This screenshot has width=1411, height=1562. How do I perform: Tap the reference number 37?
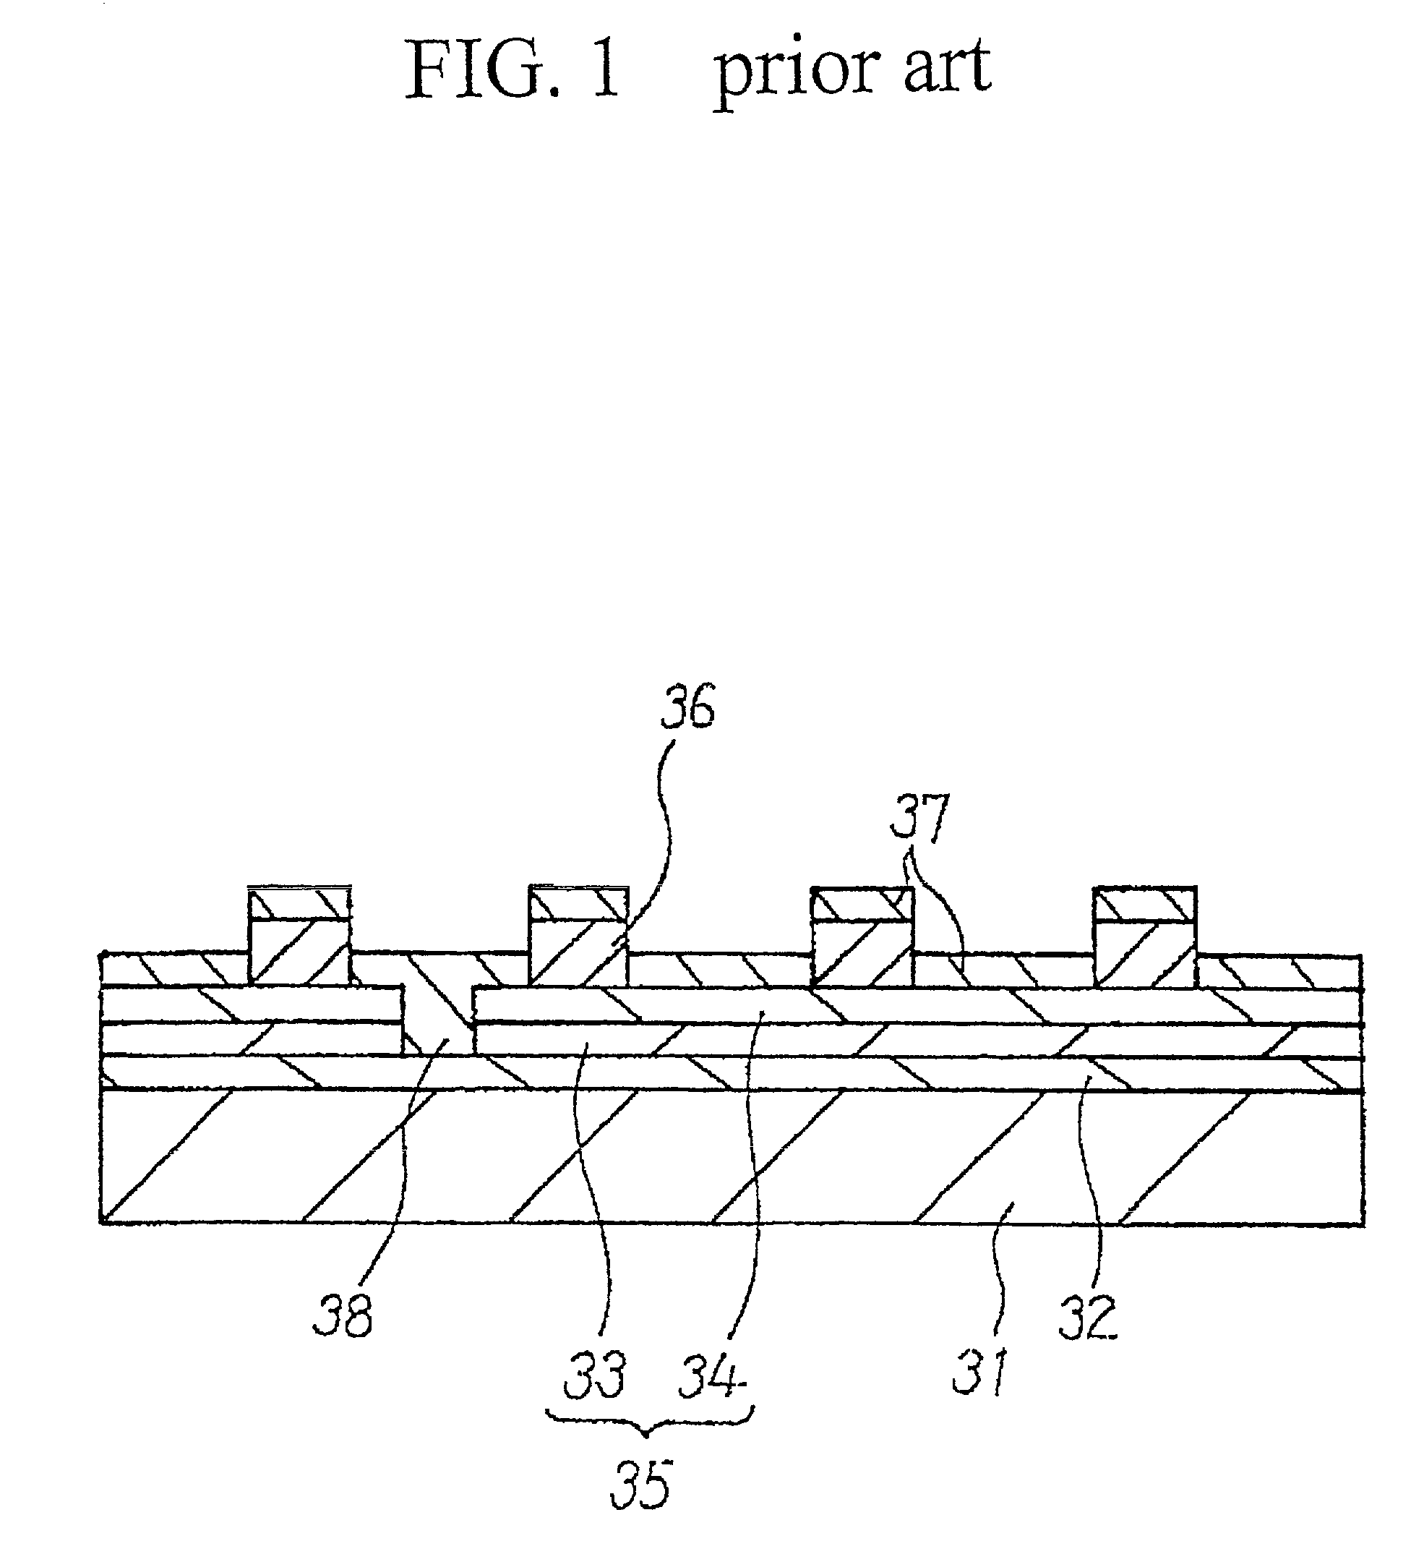click(x=919, y=818)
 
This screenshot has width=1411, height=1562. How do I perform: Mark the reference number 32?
click(x=1088, y=1316)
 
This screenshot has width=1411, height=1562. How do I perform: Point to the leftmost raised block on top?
click(x=299, y=935)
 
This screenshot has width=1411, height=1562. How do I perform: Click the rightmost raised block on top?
click(x=1144, y=936)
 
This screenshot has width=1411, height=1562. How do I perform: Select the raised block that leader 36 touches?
click(x=578, y=935)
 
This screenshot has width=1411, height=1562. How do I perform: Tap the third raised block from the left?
click(x=861, y=936)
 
